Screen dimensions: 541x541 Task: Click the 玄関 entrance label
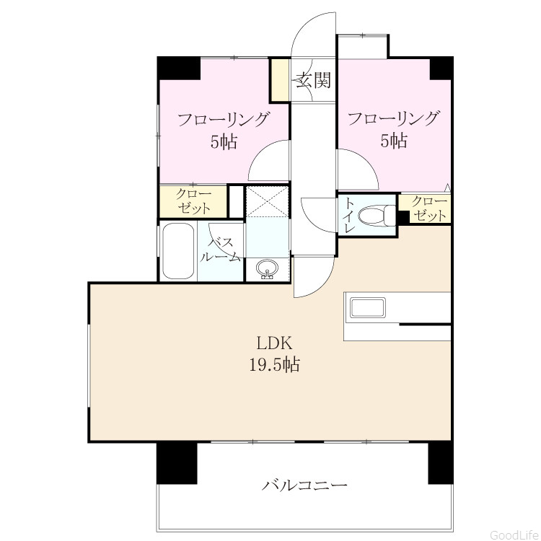pyautogui.click(x=314, y=80)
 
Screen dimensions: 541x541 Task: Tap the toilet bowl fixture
pyautogui.click(x=377, y=216)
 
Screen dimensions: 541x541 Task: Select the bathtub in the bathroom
pyautogui.click(x=177, y=251)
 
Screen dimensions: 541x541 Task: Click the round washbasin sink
pyautogui.click(x=267, y=268)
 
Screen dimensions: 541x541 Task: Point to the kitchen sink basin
pyautogui.click(x=367, y=308)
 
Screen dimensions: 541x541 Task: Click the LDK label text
pyautogui.click(x=274, y=343)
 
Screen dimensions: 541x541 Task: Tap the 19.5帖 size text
pyautogui.click(x=274, y=364)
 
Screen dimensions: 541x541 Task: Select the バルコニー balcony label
pyautogui.click(x=304, y=485)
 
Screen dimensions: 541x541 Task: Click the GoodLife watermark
pyautogui.click(x=514, y=535)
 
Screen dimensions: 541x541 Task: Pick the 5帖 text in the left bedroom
pyautogui.click(x=224, y=141)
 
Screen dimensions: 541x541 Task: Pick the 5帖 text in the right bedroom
pyautogui.click(x=394, y=141)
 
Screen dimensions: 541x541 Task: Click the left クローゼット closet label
pyautogui.click(x=193, y=201)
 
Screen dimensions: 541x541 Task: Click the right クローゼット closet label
pyautogui.click(x=430, y=208)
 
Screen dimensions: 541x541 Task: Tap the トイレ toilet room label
pyautogui.click(x=348, y=216)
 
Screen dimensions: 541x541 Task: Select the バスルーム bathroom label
pyautogui.click(x=221, y=249)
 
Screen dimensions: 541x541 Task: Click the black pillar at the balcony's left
pyautogui.click(x=177, y=463)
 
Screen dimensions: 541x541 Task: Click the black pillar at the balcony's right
pyautogui.click(x=440, y=463)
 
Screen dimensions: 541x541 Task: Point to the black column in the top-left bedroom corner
pyautogui.click(x=179, y=68)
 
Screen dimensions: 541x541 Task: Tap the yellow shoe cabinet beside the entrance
pyautogui.click(x=280, y=79)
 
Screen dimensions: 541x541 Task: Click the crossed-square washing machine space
pyautogui.click(x=267, y=201)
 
